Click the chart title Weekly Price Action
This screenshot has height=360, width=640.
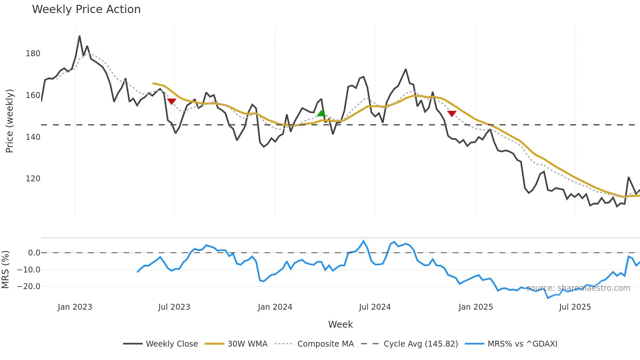point(86,9)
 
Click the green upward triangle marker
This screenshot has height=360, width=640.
point(321,114)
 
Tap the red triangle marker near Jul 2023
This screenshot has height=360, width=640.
point(172,101)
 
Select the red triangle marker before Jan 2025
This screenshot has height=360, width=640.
point(452,113)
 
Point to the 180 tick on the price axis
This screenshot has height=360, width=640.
point(33,54)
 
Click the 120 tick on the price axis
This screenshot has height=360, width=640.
point(33,179)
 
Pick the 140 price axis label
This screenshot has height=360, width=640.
point(33,137)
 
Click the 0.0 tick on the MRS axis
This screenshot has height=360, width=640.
point(34,253)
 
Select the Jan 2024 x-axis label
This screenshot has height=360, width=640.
point(275,307)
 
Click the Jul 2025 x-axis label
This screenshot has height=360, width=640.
point(575,307)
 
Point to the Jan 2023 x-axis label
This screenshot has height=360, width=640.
point(75,307)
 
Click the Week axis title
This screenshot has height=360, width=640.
point(340,324)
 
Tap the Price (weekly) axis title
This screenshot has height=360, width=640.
point(10,121)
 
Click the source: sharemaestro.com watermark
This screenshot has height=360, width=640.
point(578,288)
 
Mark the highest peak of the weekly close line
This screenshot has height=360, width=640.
point(80,36)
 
